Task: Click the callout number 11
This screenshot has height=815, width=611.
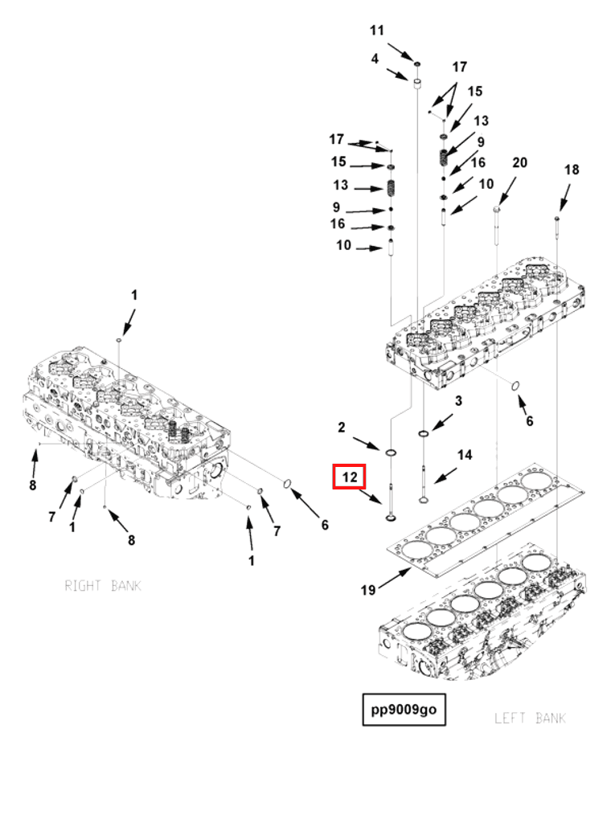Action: pos(377,31)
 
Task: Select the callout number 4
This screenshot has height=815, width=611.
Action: pos(375,59)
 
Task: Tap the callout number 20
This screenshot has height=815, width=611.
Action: pos(519,162)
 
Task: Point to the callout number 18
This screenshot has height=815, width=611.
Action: pos(571,170)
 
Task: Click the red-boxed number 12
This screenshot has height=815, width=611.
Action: pos(350,477)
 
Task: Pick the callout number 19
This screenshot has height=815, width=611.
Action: pos(367,590)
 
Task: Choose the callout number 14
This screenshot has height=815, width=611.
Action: pos(465,455)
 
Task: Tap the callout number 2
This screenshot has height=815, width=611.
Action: pos(341,427)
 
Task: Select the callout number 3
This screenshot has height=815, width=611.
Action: pos(458,400)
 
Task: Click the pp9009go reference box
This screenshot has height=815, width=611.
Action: pos(403,710)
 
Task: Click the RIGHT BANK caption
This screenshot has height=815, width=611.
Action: pos(103,586)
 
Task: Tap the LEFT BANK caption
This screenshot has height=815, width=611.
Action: pos(530,718)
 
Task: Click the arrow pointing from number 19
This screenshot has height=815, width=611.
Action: pos(395,577)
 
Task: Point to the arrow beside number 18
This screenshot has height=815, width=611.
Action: pos(564,198)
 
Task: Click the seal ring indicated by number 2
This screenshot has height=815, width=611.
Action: pos(391,454)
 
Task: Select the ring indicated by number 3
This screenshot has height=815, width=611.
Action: pos(423,435)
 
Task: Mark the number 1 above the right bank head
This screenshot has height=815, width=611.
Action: pos(134,295)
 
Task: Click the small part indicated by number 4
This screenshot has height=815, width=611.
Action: pos(418,83)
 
